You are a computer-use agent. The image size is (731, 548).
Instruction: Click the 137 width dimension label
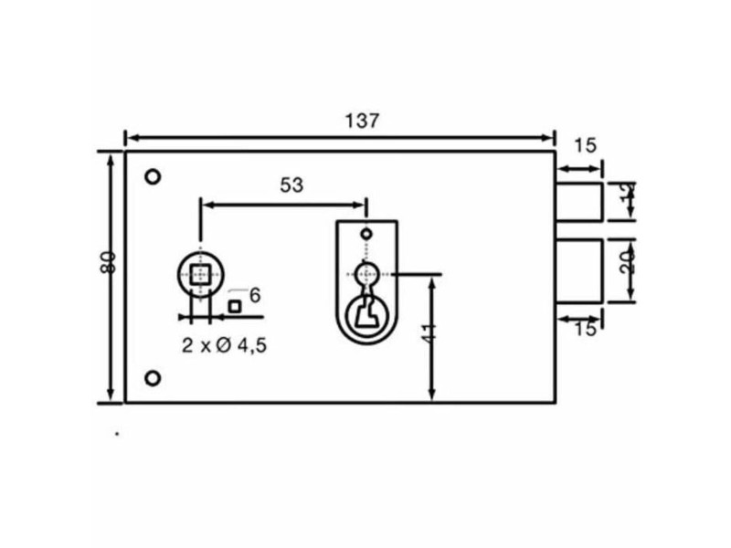[x=361, y=121]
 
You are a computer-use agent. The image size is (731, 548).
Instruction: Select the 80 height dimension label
[x=108, y=262]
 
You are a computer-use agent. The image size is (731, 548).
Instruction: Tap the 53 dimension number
[x=291, y=185]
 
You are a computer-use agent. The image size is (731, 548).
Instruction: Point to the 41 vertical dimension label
[x=430, y=330]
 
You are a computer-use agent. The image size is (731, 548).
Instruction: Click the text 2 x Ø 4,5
[x=224, y=345]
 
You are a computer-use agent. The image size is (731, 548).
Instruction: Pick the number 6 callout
[x=255, y=294]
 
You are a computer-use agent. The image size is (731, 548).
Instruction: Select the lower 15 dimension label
[x=585, y=329]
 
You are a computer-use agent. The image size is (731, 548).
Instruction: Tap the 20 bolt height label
[x=627, y=264]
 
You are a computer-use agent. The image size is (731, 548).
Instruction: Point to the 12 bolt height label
[x=627, y=199]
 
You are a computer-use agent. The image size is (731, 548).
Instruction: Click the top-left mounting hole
[x=153, y=176]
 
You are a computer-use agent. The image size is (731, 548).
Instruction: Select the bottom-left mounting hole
[x=153, y=377]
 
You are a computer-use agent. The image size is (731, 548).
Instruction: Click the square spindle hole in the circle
[x=200, y=273]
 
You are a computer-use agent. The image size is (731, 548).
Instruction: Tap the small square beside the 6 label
[x=235, y=306]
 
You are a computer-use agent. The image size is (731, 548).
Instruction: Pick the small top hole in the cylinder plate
[x=366, y=235]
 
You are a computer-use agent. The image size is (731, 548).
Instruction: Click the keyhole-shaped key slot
[x=366, y=311]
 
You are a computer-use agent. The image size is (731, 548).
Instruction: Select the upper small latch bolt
[x=578, y=202]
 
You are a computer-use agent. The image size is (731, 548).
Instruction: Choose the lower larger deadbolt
[x=578, y=270]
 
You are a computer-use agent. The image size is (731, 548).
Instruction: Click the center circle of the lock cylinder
[x=366, y=273]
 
